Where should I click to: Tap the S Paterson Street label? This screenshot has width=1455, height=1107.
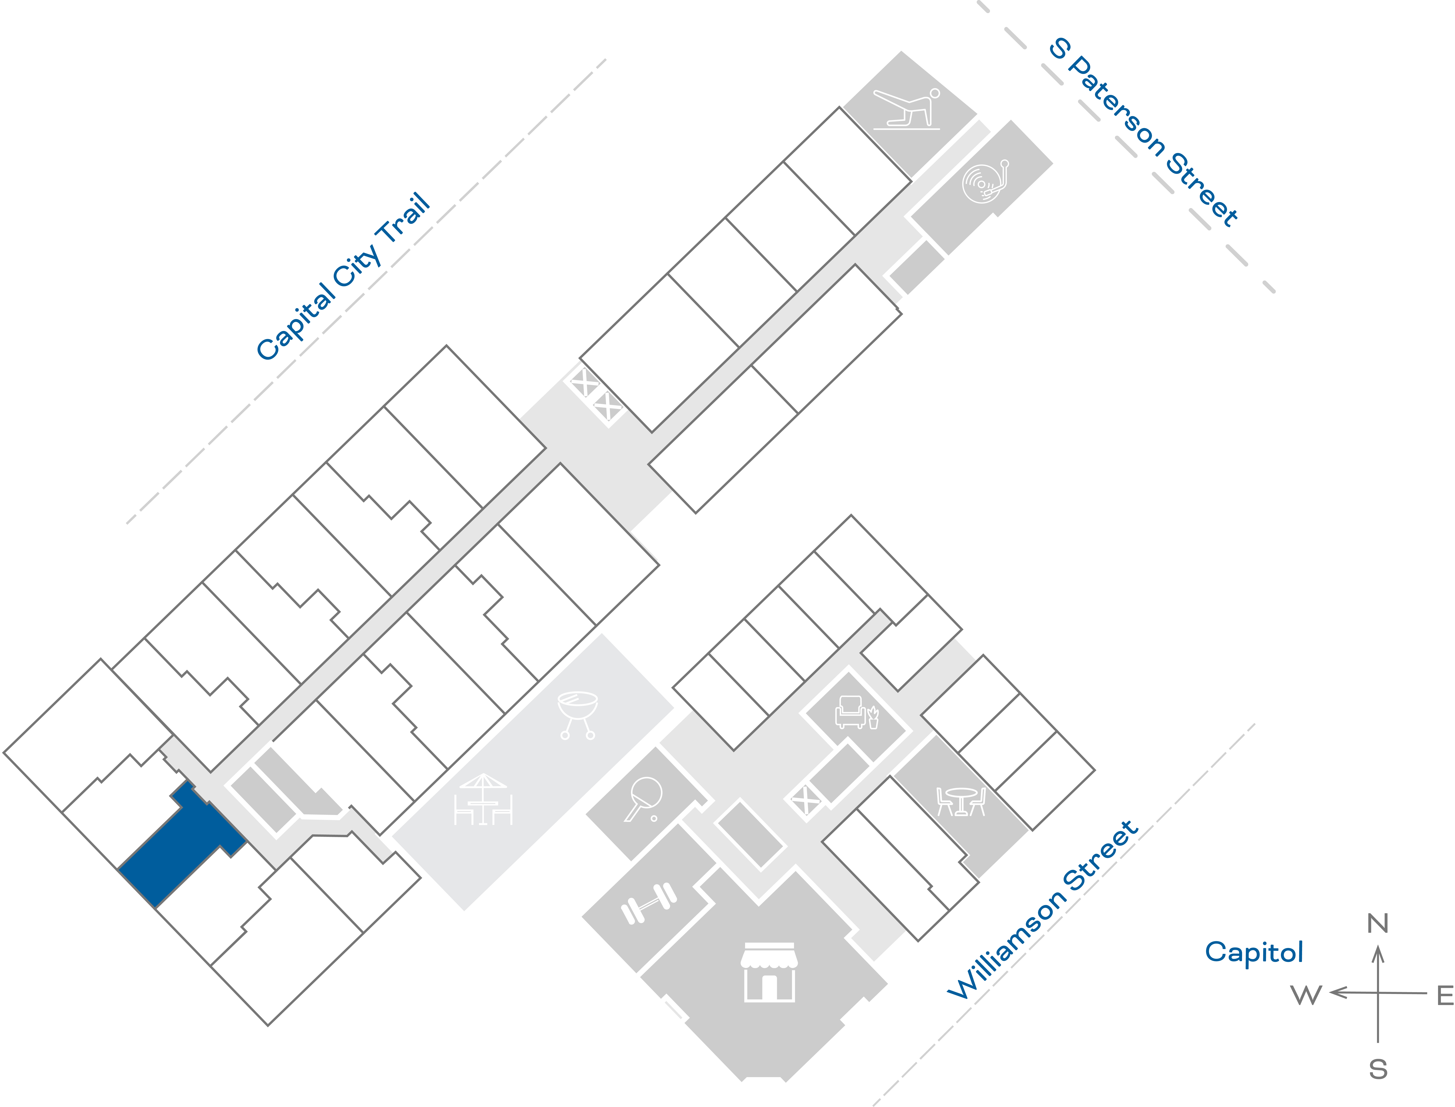(1143, 132)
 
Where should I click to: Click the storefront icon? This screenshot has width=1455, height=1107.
(769, 972)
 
